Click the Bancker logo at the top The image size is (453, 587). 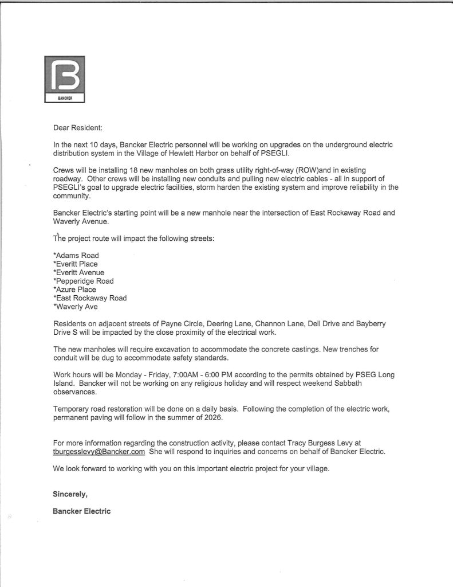(x=65, y=79)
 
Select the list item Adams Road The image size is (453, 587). (x=76, y=256)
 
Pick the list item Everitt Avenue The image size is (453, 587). (x=78, y=273)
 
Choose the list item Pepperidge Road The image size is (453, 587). (x=83, y=281)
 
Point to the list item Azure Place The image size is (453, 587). (x=75, y=289)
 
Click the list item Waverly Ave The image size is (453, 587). (x=76, y=307)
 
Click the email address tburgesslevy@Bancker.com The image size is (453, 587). (x=99, y=452)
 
